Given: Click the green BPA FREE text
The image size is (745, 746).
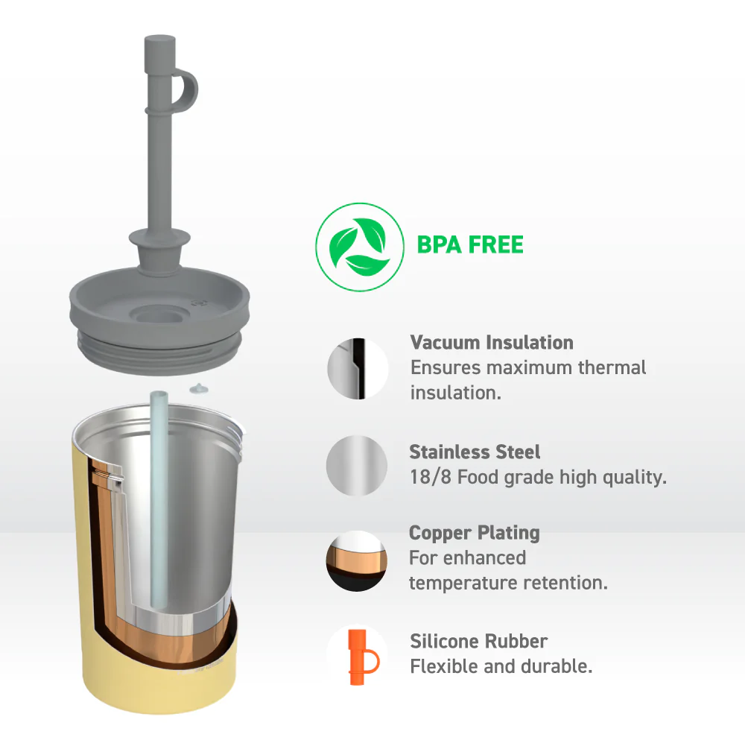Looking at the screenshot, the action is (x=470, y=245).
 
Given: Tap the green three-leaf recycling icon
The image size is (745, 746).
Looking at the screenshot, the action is (x=360, y=247).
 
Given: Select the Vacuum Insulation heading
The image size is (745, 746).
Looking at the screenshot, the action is (x=492, y=343).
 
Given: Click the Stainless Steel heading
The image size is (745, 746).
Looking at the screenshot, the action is (x=475, y=452).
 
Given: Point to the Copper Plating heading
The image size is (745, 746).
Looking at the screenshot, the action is (x=475, y=533).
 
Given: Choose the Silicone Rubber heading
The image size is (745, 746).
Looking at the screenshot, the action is (x=478, y=642).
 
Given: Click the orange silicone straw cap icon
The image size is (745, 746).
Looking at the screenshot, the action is (x=363, y=657).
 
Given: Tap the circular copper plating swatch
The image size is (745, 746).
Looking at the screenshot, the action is (x=357, y=561).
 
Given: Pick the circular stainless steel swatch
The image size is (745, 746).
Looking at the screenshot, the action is (x=357, y=465).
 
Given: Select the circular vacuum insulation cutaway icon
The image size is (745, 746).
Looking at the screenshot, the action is (x=358, y=369).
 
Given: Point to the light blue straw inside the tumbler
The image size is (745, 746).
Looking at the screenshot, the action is (x=159, y=499).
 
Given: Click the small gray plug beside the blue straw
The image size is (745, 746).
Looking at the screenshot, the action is (x=199, y=389).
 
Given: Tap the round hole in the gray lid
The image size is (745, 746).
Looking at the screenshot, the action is (x=159, y=315).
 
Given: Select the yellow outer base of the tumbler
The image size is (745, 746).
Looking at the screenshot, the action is (x=159, y=685).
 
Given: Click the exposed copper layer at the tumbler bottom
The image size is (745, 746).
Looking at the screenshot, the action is (x=157, y=642).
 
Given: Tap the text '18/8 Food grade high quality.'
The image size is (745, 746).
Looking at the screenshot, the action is (x=538, y=477).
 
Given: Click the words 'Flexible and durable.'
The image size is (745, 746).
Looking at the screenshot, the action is (x=501, y=666).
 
